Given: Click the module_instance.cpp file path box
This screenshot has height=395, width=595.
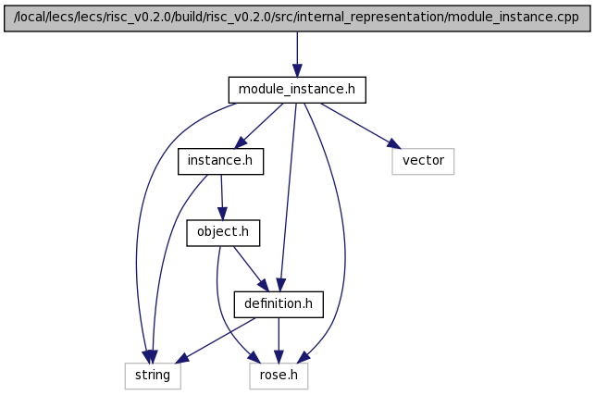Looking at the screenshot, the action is (x=297, y=18).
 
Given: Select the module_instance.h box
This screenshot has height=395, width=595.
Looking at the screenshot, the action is (x=297, y=90).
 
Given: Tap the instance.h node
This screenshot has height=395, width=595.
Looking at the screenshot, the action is (x=220, y=161).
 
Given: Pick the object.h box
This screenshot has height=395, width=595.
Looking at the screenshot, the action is (x=223, y=232).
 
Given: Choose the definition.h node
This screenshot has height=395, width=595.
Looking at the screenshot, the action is (x=279, y=304).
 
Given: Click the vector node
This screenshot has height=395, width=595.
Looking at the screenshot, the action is (x=423, y=161).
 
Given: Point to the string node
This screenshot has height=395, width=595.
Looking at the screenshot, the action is (x=153, y=376).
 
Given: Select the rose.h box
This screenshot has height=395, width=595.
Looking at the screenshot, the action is (x=279, y=376).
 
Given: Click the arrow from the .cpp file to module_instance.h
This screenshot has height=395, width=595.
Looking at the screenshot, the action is (x=297, y=55).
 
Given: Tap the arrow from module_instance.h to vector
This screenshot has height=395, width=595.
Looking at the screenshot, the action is (x=361, y=125).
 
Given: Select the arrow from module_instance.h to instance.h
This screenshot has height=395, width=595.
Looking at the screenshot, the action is (x=259, y=126).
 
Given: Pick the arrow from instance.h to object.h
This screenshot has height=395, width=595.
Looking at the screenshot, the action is (x=222, y=197).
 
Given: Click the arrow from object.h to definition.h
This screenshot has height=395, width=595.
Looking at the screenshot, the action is (x=251, y=268).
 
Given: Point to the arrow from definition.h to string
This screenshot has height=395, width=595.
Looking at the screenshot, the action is (x=217, y=340).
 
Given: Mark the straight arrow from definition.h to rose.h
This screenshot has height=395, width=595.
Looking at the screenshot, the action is (x=279, y=340).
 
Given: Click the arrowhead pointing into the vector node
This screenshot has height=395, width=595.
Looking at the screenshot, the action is (x=394, y=144).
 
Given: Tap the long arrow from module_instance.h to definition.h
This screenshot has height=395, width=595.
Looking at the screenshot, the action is (x=288, y=197).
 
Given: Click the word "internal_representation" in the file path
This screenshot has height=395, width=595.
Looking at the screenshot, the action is (x=370, y=18).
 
